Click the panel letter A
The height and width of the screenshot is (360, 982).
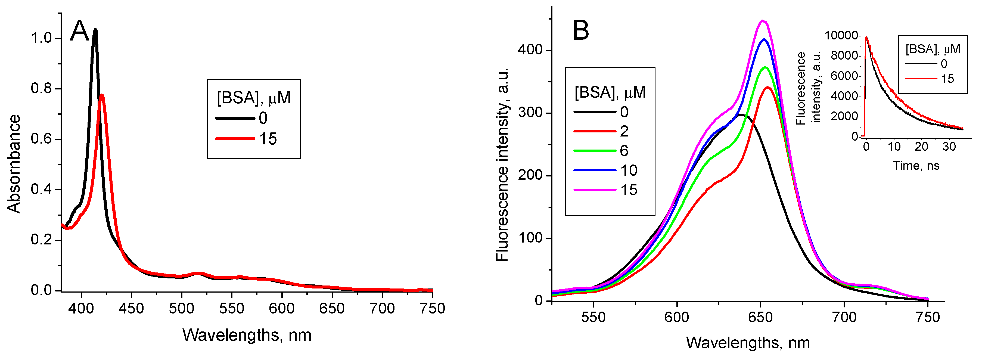coord(79,31)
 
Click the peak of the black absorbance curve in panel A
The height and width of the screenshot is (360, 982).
coord(95,30)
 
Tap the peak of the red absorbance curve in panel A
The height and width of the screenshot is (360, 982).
coord(101,95)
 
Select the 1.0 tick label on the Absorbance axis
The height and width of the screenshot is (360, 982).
coord(42,38)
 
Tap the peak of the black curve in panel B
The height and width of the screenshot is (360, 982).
coord(740,114)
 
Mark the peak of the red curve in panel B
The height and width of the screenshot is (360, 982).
coord(768,87)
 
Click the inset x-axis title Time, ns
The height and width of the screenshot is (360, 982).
coord(916,166)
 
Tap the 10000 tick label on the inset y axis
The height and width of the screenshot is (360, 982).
coord(840,35)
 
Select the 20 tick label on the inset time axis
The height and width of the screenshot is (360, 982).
coord(921,147)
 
